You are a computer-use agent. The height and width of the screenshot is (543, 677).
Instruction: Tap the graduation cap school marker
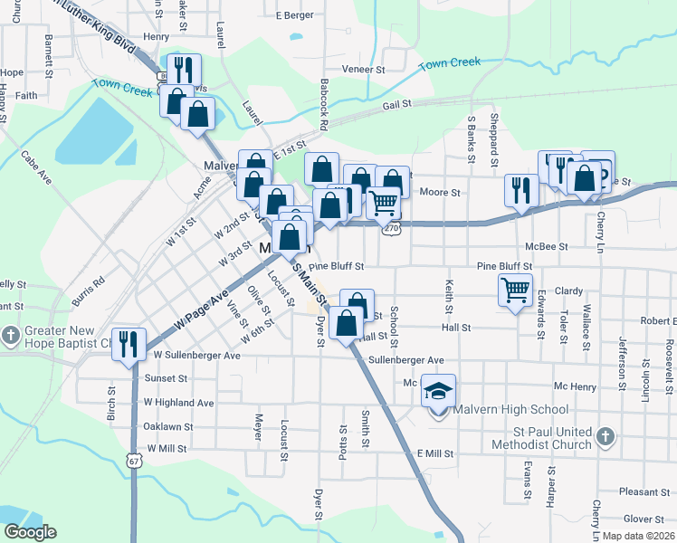439,391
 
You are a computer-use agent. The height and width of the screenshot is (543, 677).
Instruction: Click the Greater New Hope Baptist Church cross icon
10,335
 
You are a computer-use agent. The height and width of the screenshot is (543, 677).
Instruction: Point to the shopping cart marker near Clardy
515,291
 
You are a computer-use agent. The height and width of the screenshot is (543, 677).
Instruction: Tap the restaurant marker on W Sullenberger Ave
129,344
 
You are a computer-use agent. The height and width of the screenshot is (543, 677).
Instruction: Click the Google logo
30,532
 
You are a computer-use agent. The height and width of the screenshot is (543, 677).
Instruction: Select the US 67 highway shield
133,461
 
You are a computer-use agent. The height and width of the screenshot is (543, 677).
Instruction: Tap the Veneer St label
364,69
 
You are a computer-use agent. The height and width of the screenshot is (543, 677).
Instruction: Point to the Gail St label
396,105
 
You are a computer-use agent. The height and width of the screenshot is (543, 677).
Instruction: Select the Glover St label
644,519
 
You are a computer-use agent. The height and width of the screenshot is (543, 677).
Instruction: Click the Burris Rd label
89,287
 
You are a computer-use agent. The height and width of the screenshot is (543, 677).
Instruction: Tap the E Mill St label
434,452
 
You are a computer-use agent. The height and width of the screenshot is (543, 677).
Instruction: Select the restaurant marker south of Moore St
520,189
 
